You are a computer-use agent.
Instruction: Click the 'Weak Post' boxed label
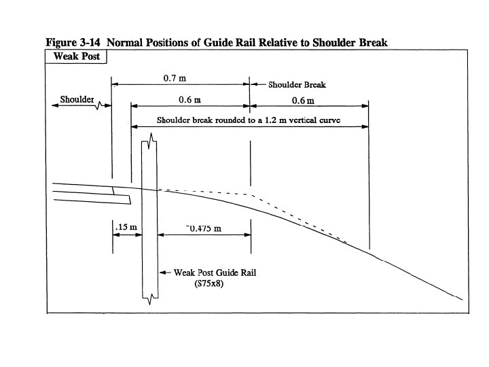click(x=75, y=56)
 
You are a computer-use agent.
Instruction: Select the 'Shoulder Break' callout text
click(x=297, y=85)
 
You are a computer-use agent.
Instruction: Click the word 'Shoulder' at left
click(x=77, y=99)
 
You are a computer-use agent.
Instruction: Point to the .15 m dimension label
click(x=126, y=227)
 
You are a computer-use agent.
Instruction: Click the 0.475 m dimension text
click(x=204, y=228)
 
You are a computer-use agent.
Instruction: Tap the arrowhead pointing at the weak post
click(x=162, y=273)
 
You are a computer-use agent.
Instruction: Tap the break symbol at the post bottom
click(x=150, y=296)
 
